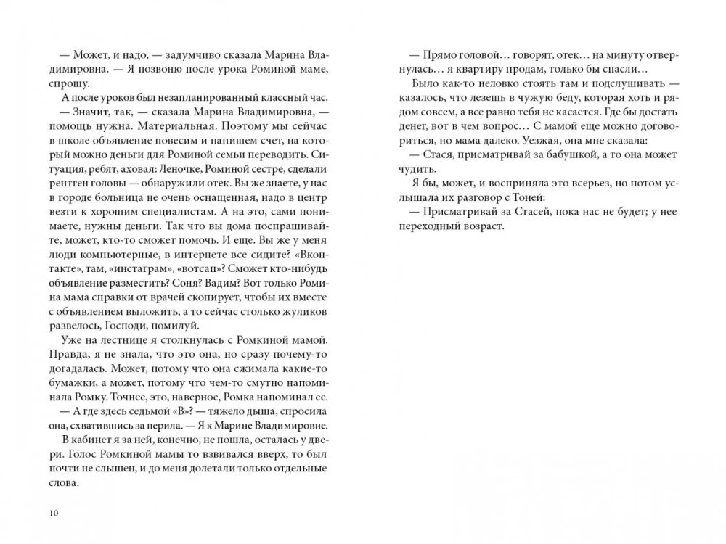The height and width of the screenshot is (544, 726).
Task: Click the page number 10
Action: coord(53,514)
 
